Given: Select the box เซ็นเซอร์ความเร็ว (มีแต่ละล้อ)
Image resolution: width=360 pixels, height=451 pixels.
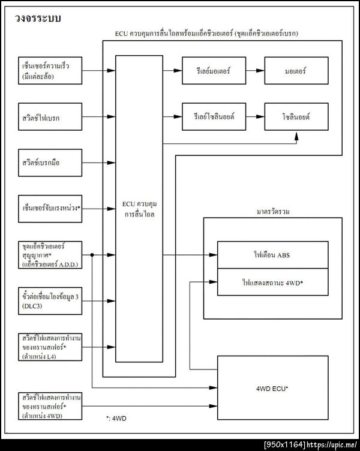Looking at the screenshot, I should coord(50,71).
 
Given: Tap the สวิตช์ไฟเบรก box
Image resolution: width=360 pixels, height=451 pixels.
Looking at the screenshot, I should coord(50,118).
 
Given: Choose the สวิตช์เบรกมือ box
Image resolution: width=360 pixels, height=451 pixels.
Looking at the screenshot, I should coord(50,163).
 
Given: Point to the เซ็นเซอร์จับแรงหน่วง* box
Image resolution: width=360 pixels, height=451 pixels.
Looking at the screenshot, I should coord(50,208).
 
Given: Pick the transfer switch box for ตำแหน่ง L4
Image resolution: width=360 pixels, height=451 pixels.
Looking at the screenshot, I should coord(50,347).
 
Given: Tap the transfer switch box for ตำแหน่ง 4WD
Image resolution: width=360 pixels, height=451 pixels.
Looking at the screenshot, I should coord(50,406).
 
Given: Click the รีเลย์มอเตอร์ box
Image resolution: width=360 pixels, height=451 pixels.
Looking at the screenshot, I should coord(212,71).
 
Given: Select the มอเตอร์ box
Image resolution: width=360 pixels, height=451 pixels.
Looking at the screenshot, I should coord(296,71).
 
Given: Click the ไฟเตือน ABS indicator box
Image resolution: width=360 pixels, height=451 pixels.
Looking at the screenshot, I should coord(272,255).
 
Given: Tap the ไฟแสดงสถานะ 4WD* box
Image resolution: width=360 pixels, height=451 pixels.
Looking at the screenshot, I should coord(272,281).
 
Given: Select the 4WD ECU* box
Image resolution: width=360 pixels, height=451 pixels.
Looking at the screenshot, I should coord(272,388).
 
